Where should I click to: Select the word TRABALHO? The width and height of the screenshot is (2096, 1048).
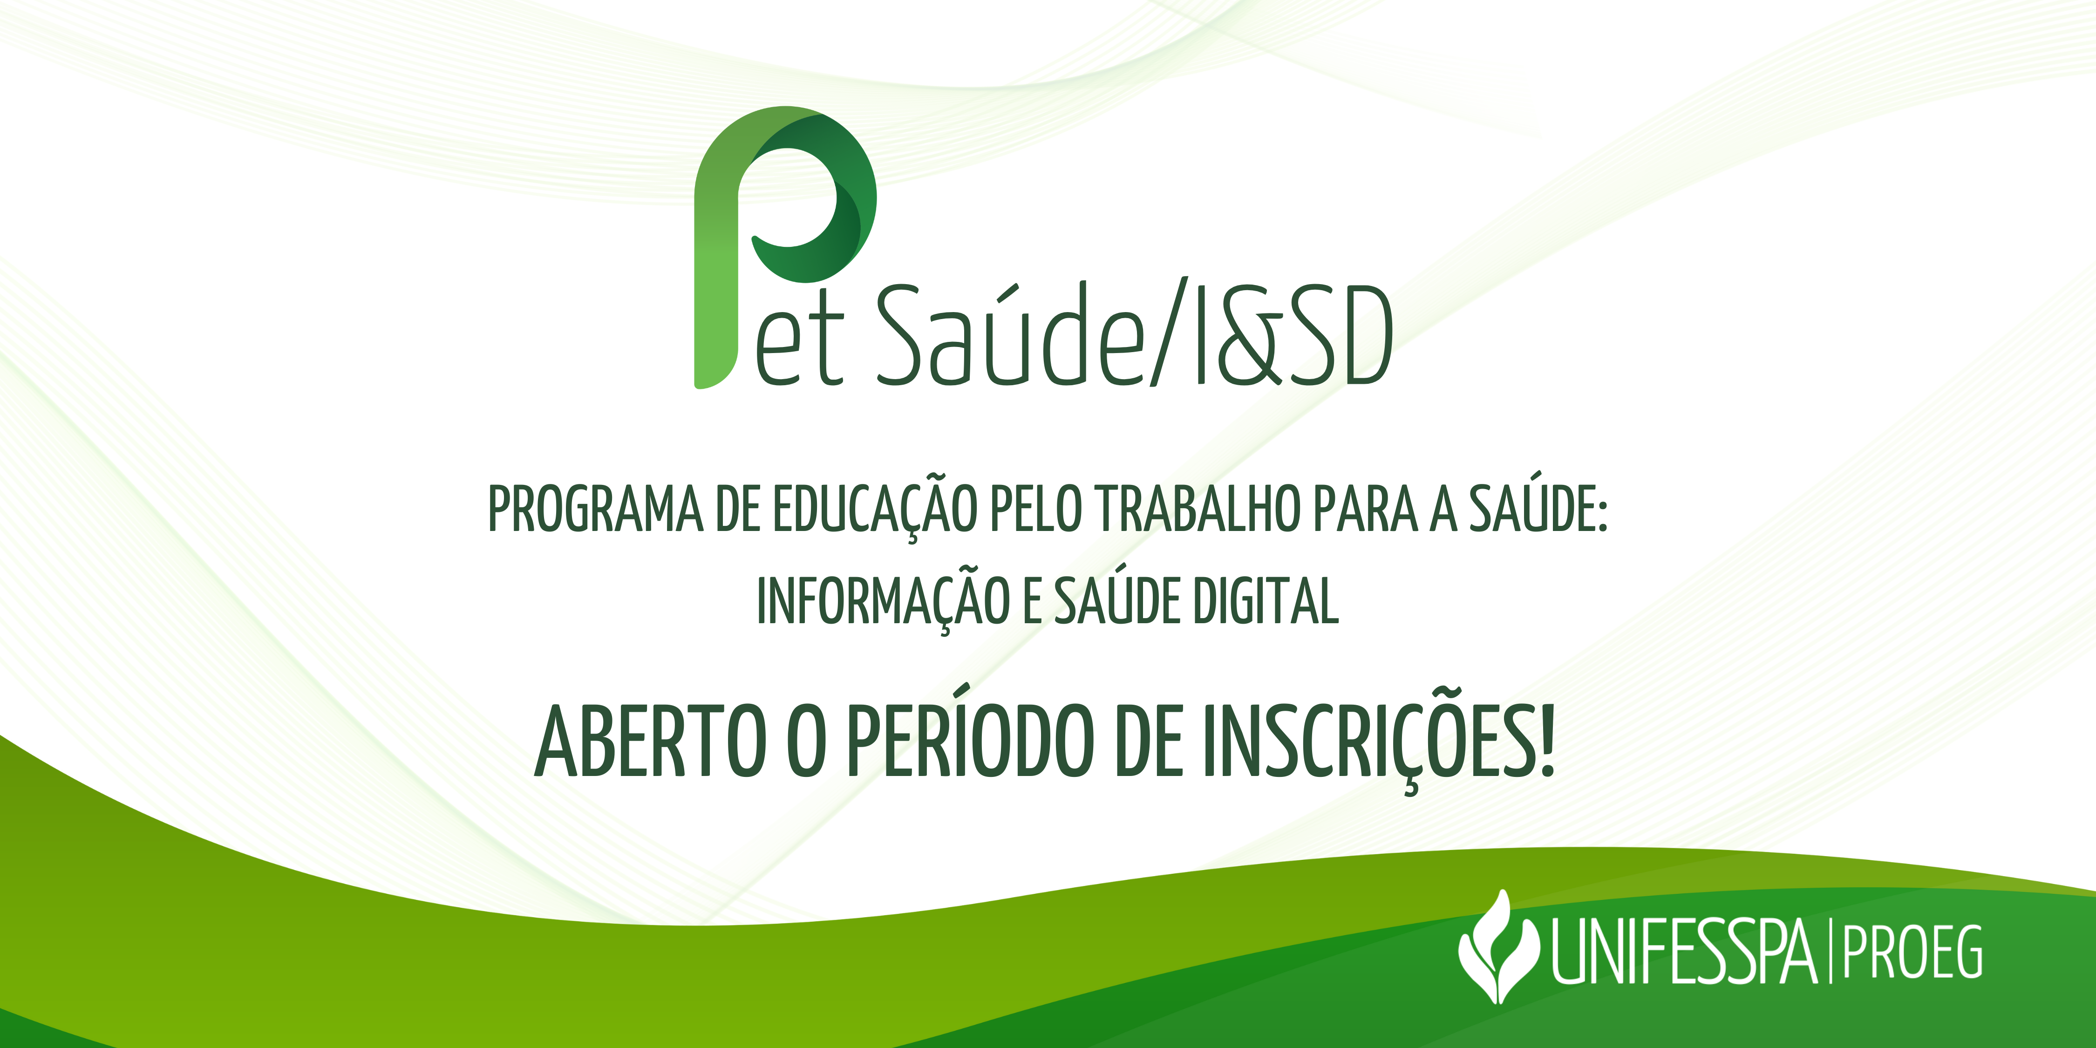click(x=1198, y=510)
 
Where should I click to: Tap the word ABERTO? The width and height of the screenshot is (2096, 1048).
click(x=649, y=741)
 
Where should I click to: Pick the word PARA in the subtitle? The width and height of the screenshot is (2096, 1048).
click(x=1366, y=510)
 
